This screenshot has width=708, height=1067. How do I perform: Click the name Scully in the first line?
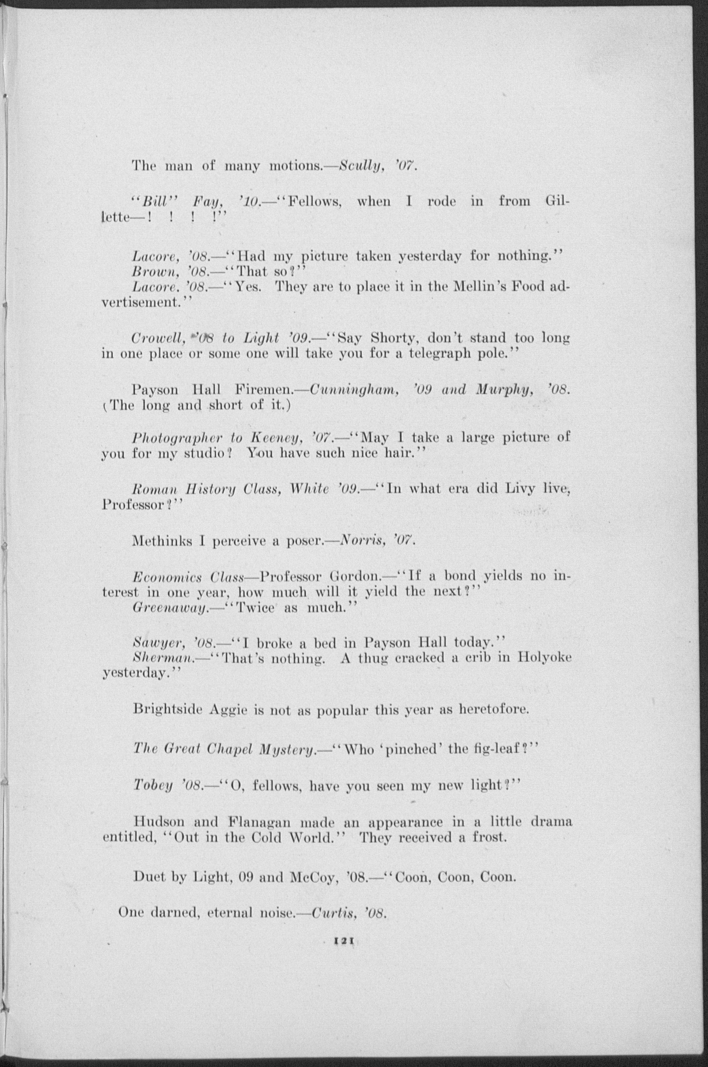tap(360, 166)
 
